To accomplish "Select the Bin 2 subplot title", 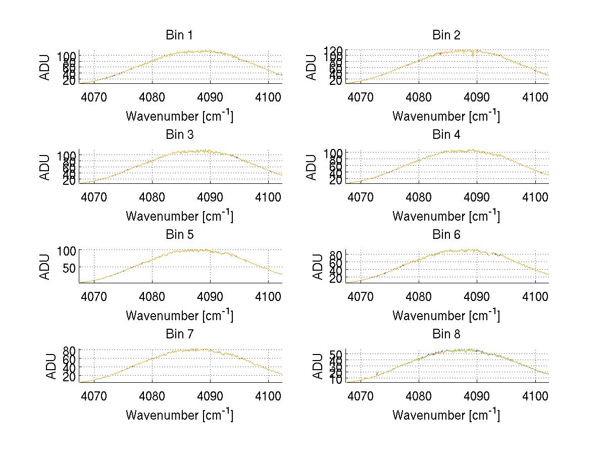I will (x=446, y=35).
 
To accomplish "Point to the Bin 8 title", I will (x=446, y=334).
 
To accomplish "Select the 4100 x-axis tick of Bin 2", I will (x=535, y=97).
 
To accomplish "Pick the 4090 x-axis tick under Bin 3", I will (x=210, y=197).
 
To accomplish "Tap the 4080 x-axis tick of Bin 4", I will (x=419, y=197).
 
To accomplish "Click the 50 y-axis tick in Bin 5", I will (x=68, y=267).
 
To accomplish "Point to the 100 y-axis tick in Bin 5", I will (x=66, y=250).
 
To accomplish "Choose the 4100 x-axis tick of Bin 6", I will (x=535, y=296).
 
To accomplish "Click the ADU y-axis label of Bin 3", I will (x=45, y=167).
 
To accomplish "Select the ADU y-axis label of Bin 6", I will (x=318, y=267).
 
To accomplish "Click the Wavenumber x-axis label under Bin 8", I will (x=446, y=415).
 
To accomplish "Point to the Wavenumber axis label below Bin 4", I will (x=446, y=216).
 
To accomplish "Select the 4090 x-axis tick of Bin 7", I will (x=210, y=396).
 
